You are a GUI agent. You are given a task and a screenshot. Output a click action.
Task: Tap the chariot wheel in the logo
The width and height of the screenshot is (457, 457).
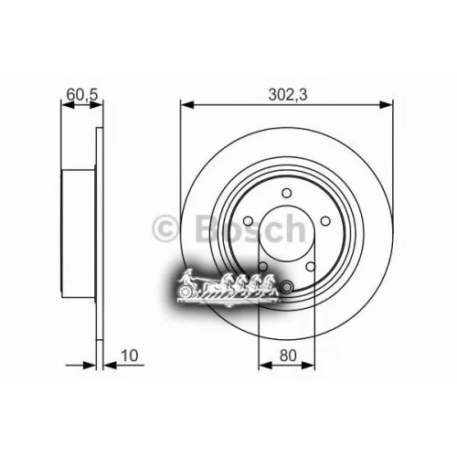pos(186,292)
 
